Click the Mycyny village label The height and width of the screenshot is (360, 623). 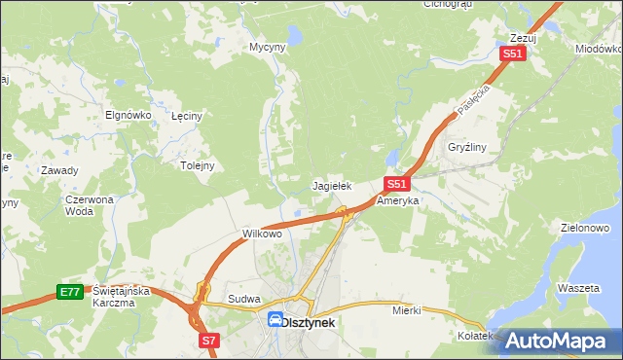click(x=267, y=47)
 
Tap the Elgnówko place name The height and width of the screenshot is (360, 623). click(x=128, y=114)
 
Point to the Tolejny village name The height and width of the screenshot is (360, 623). click(x=197, y=165)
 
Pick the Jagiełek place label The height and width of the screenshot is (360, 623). click(x=331, y=185)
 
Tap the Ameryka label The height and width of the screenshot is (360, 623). click(x=397, y=200)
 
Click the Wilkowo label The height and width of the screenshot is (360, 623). click(x=261, y=234)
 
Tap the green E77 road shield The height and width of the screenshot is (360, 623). click(x=68, y=292)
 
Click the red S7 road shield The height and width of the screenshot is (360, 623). click(x=209, y=341)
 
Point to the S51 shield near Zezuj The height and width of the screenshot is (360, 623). click(x=513, y=54)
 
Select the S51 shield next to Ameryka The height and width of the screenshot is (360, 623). click(x=395, y=183)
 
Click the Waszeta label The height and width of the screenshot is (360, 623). click(x=577, y=289)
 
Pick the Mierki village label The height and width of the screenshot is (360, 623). click(x=406, y=310)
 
